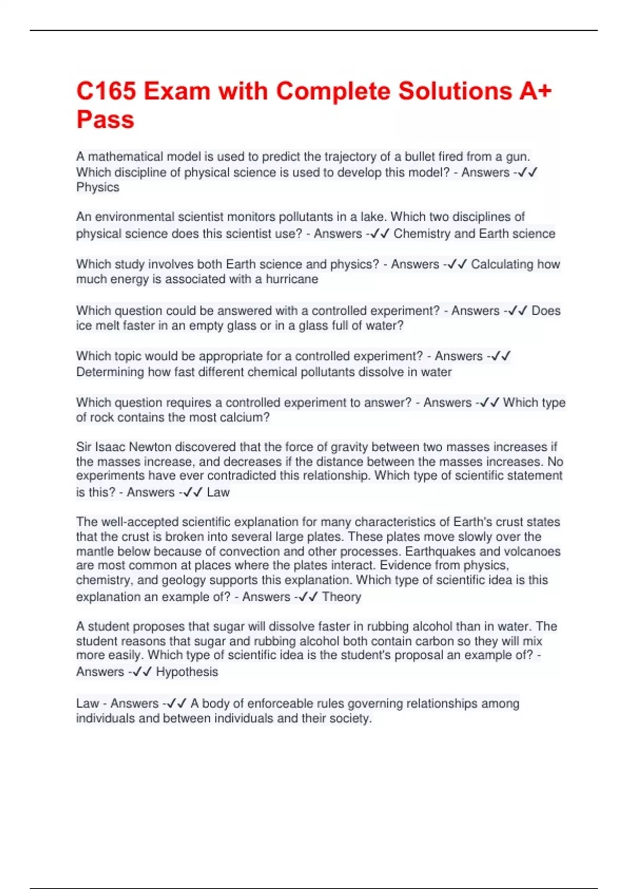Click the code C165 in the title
tap(107, 91)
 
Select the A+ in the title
tap(535, 91)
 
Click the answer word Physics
tap(98, 187)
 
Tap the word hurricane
tap(291, 279)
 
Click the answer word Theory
tap(341, 597)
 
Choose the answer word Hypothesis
tap(187, 671)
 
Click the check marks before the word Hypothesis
tap(142, 671)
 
